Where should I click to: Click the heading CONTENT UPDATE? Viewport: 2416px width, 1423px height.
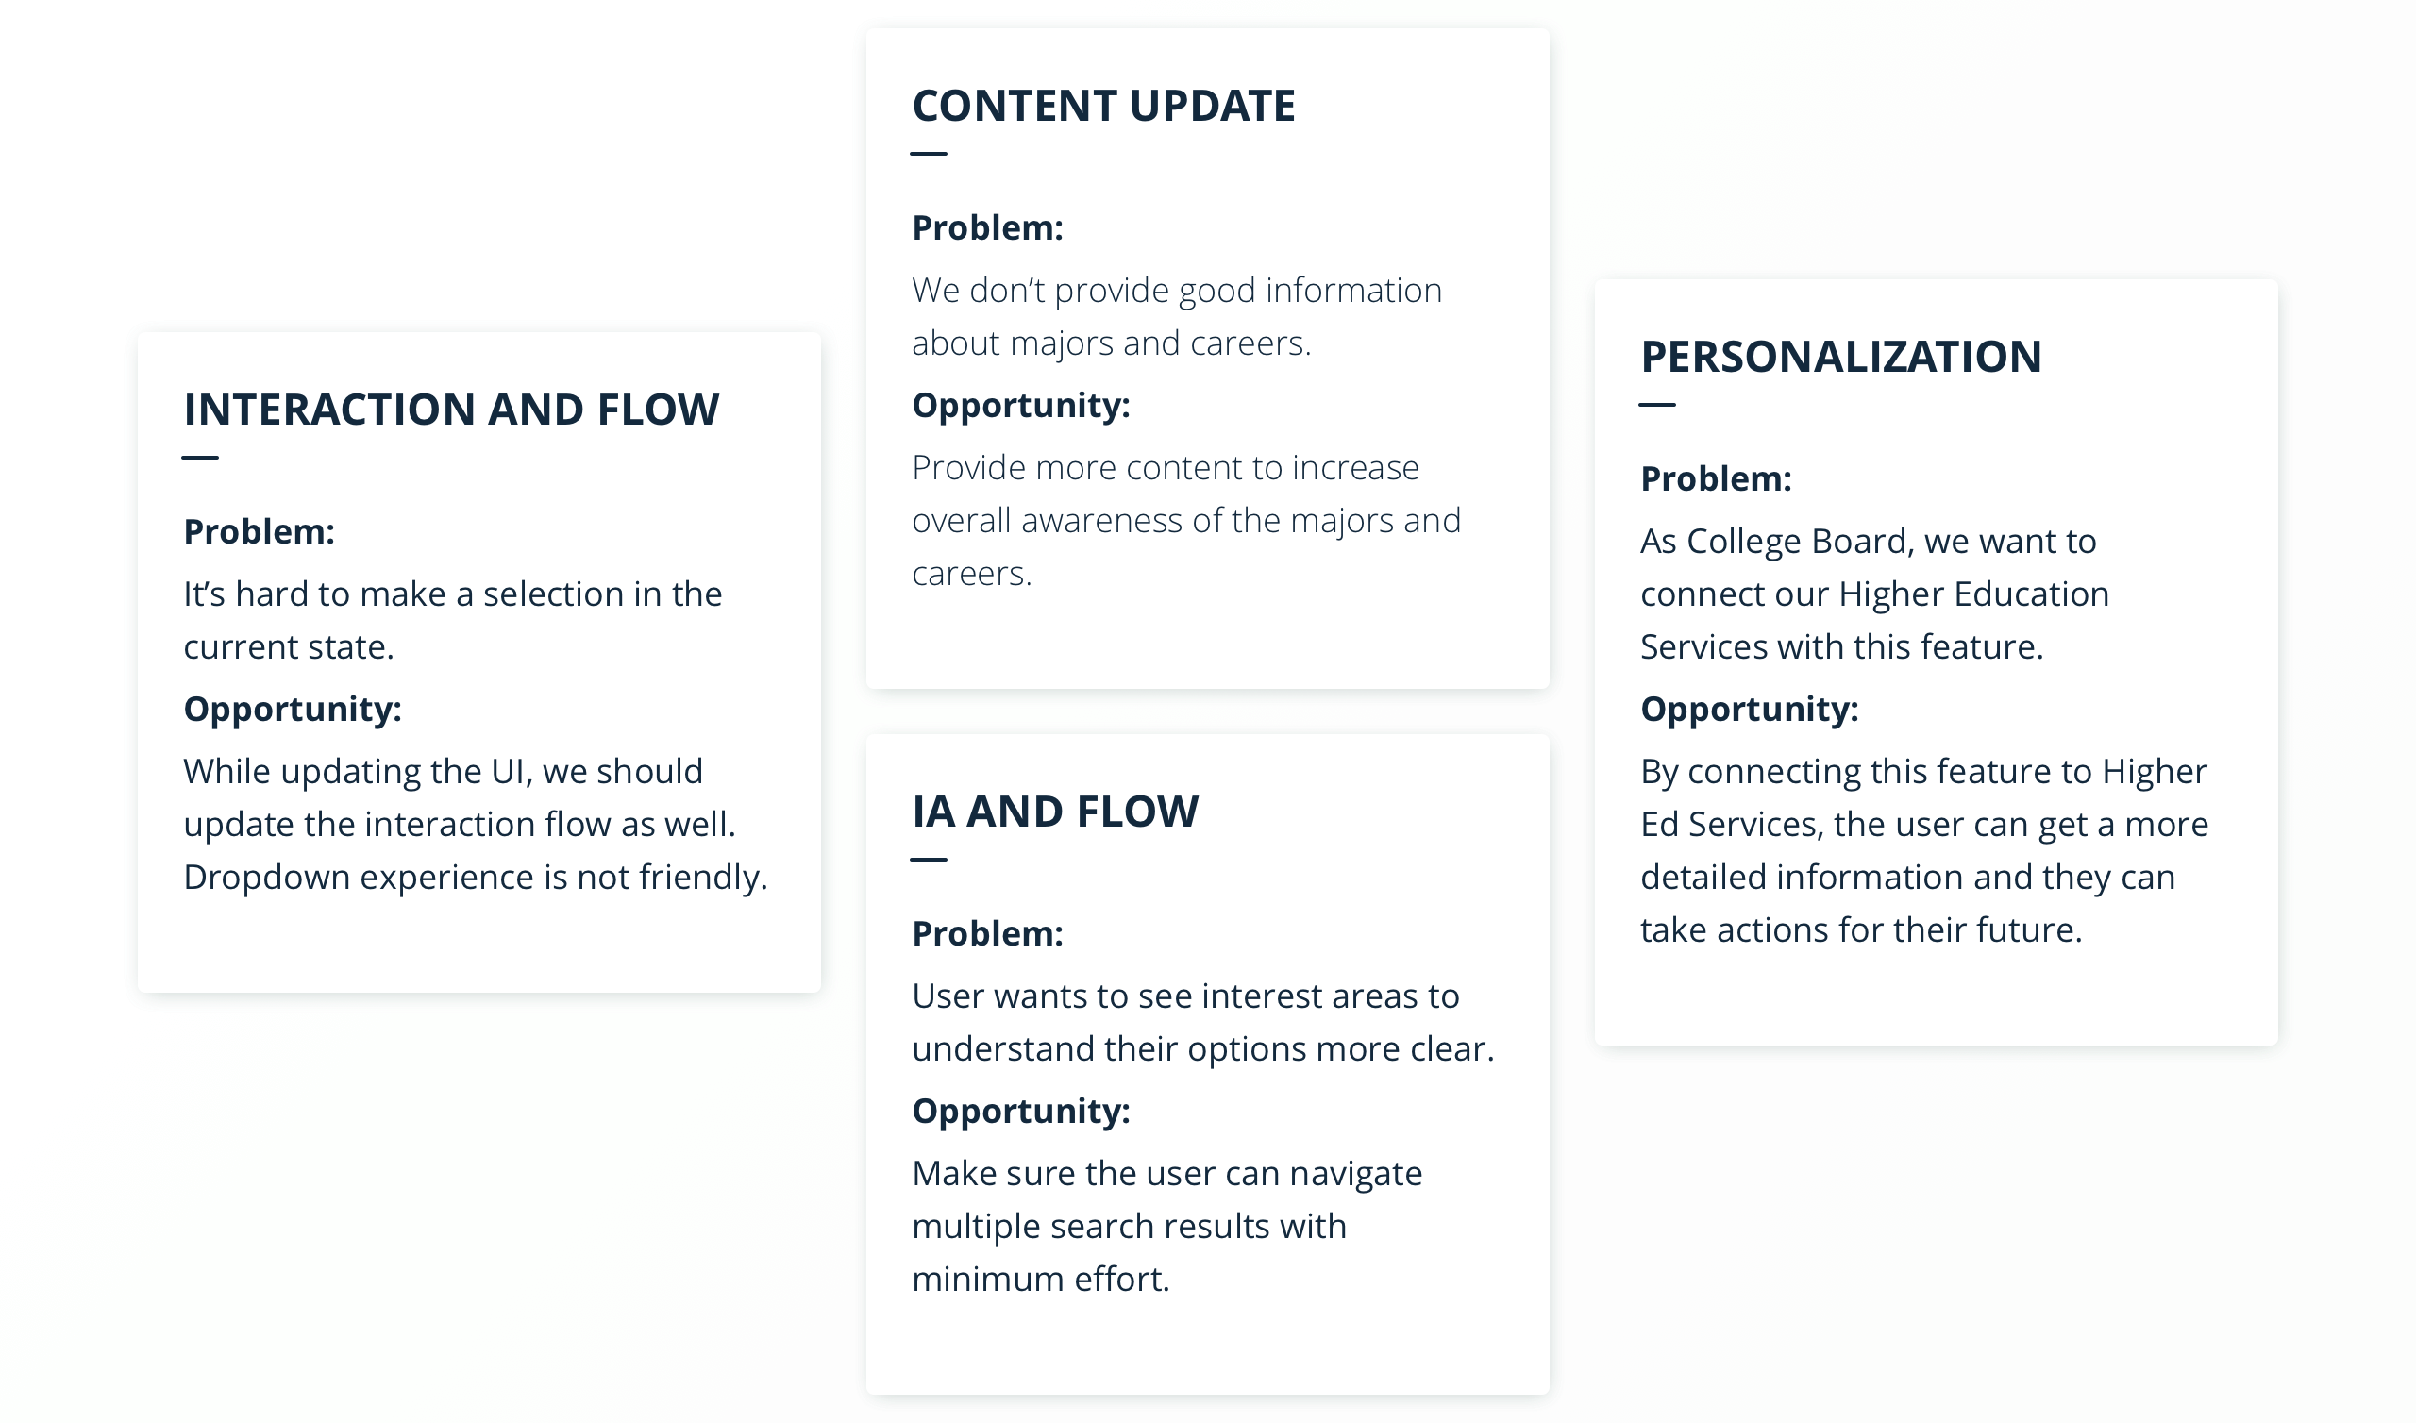[x=1103, y=106]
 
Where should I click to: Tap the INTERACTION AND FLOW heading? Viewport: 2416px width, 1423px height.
[x=451, y=410]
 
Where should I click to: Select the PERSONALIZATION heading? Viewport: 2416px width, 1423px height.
[x=1840, y=357]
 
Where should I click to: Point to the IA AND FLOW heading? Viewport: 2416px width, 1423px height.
[x=1054, y=812]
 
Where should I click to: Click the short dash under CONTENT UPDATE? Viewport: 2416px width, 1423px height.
[x=928, y=154]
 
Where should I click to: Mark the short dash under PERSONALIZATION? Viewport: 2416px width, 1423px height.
[x=1656, y=405]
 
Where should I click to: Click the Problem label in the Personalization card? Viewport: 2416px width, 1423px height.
[x=1716, y=478]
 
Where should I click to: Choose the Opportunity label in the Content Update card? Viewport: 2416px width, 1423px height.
[x=1021, y=406]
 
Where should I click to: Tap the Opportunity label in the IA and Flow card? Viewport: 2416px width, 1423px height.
[x=1021, y=1112]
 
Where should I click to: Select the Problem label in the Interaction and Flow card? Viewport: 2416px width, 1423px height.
[x=259, y=531]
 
